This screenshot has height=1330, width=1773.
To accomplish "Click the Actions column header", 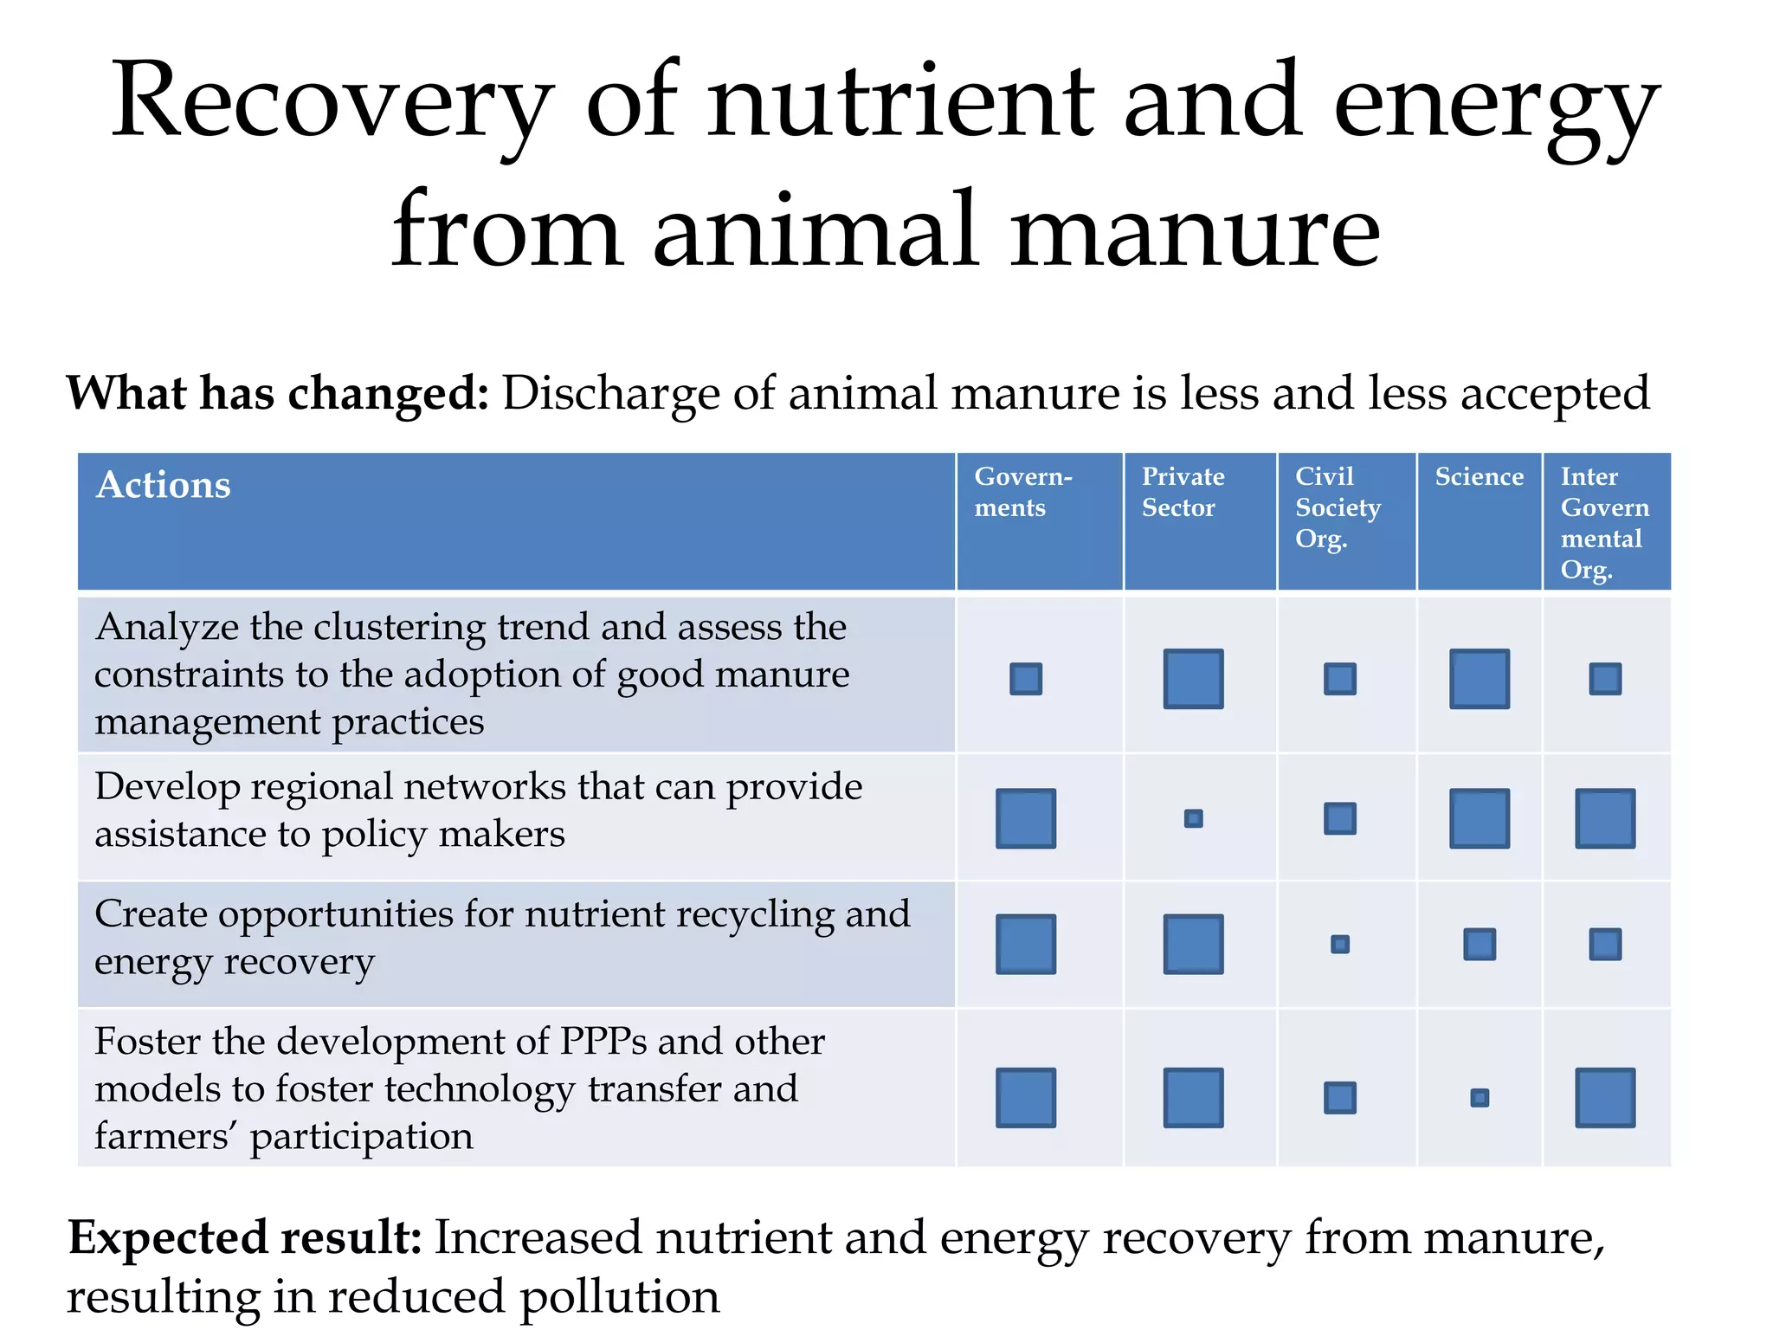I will point(164,485).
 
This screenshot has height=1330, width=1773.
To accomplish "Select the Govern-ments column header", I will point(1022,492).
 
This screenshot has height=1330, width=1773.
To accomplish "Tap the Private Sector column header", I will point(1183,492).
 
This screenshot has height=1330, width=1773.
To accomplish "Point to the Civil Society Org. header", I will point(1337,507).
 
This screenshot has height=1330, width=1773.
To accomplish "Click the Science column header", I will point(1479,477).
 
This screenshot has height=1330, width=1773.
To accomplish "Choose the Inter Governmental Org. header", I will point(1604,522).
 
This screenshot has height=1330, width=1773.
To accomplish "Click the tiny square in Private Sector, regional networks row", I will point(1193,818).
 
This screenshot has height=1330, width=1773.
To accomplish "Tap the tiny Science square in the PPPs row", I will point(1480,1098).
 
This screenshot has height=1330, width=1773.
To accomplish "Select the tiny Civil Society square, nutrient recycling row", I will point(1339,944).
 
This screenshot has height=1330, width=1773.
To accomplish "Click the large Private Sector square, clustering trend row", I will point(1193,679).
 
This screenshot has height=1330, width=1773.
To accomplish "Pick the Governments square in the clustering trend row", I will point(1026,679).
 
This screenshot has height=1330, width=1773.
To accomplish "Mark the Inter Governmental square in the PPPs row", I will point(1605,1098).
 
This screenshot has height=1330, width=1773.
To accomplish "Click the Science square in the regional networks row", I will point(1480,818).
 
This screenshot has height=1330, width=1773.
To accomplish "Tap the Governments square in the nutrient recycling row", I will point(1026,944).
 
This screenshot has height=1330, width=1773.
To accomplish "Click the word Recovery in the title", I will point(332,104).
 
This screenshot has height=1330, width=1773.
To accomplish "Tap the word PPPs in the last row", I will point(603,1042).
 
